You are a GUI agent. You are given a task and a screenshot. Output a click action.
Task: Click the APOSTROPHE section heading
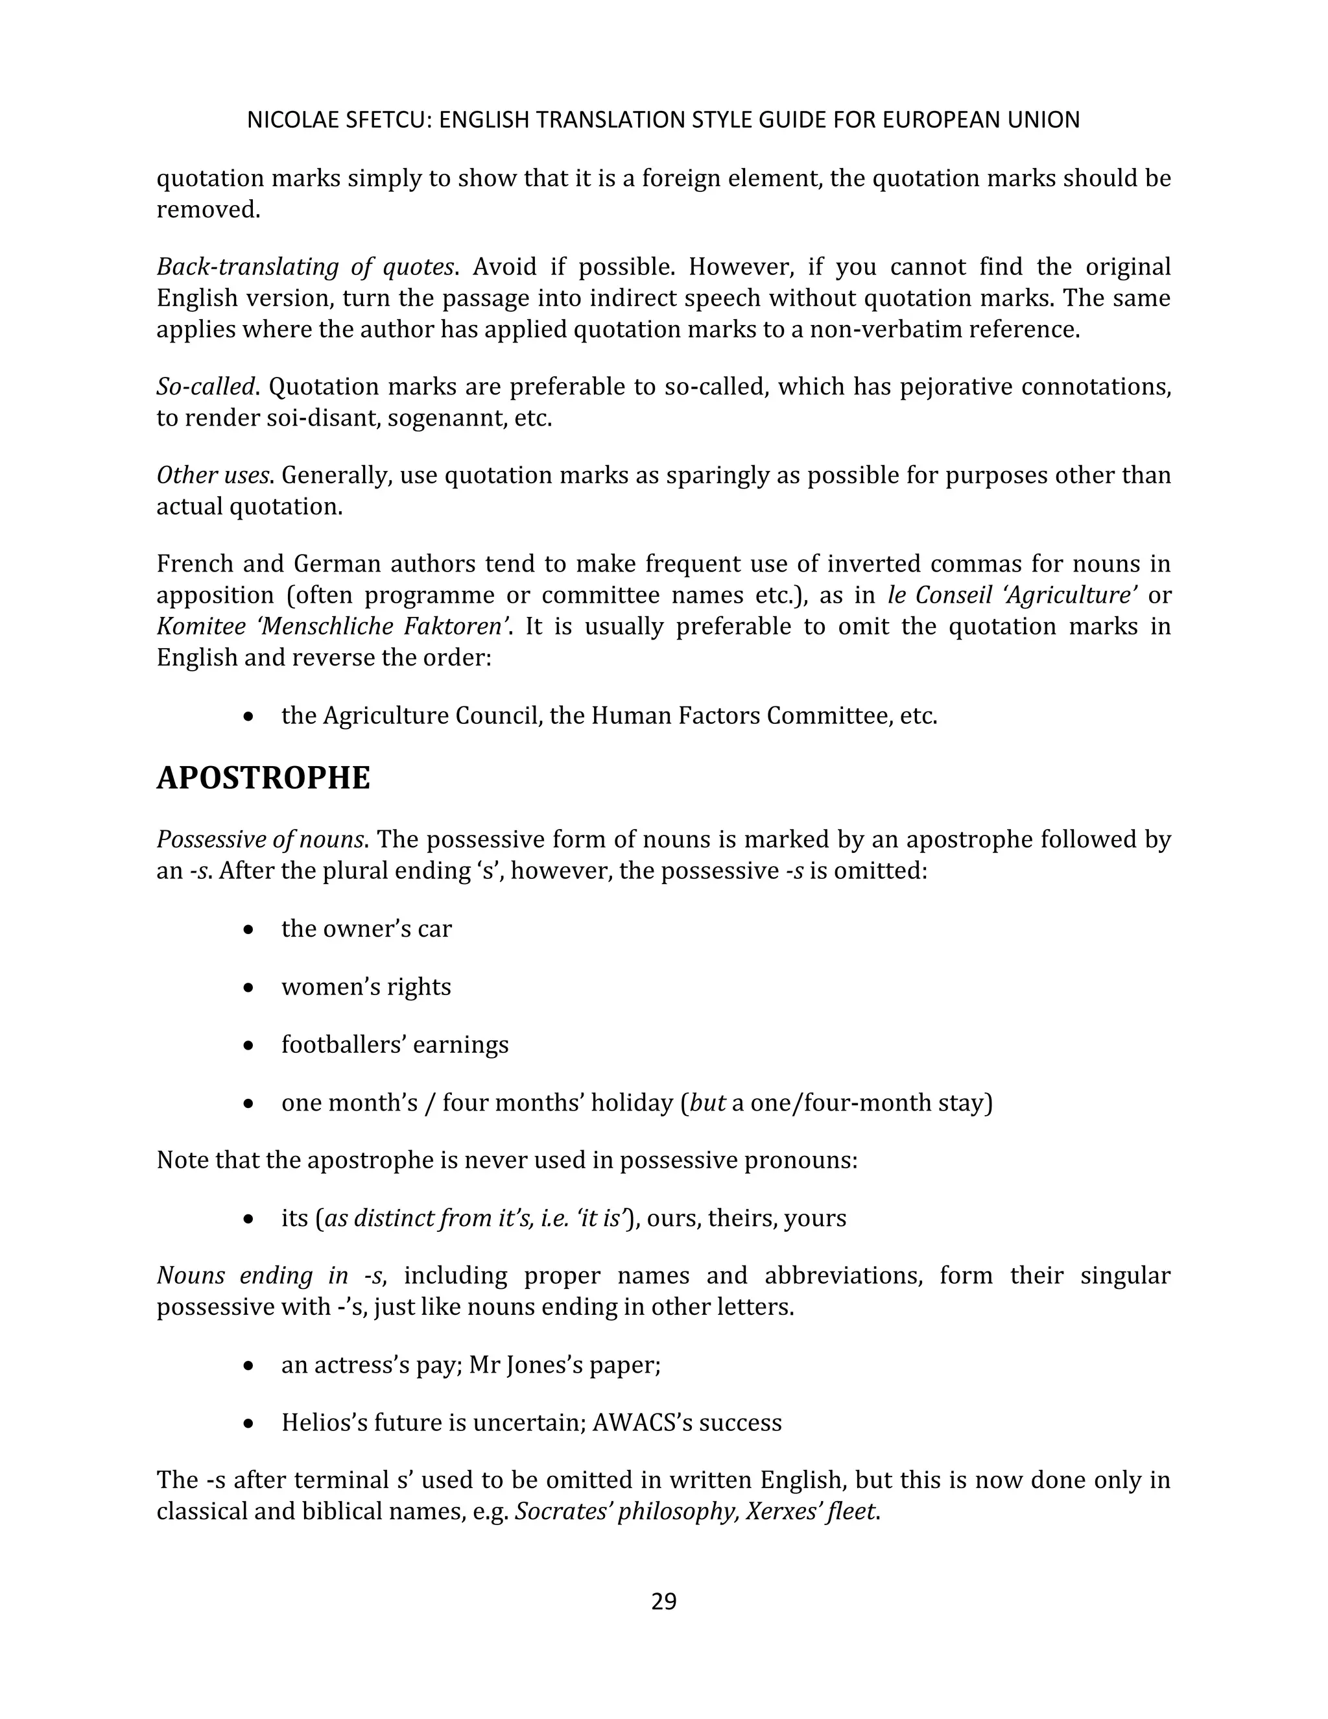263,778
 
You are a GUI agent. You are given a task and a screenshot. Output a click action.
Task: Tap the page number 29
663,1602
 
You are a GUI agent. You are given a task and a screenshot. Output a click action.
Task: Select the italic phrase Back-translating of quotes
305,267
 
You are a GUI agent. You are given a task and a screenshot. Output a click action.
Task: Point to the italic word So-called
206,387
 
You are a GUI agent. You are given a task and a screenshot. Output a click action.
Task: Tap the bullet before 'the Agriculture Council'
248,717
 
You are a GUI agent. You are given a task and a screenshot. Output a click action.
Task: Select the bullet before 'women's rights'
248,988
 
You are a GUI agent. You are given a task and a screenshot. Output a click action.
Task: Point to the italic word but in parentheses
707,1103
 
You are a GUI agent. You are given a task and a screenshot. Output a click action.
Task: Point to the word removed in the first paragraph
206,210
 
